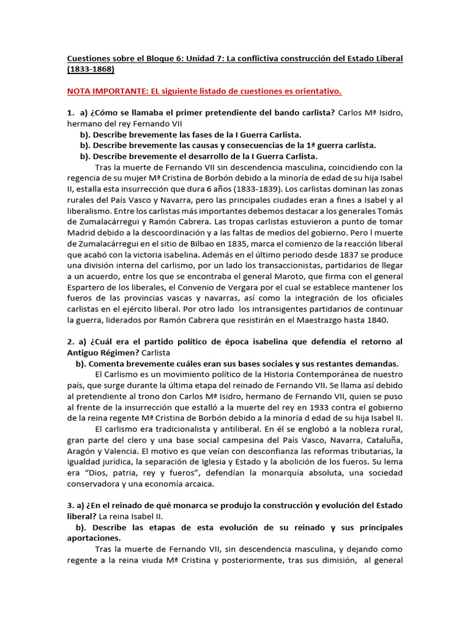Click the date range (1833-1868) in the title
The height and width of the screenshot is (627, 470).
(91, 69)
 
